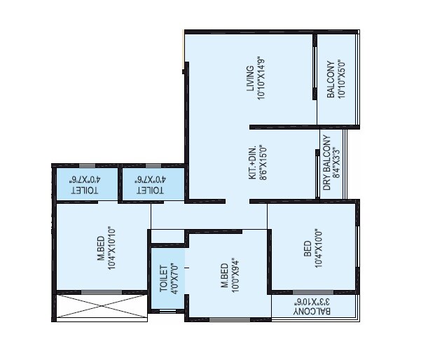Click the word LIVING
coord(249,78)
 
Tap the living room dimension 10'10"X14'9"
coord(261,78)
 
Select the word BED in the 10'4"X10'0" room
coord(308,250)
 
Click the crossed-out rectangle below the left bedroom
coord(101,307)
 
